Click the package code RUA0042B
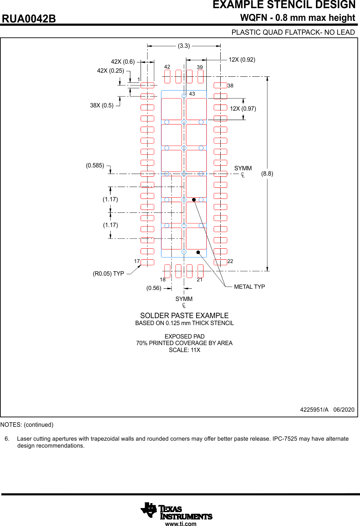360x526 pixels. point(29,19)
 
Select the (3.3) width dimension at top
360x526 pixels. point(184,46)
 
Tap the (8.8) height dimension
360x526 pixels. point(267,174)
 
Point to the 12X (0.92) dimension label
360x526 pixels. point(242,60)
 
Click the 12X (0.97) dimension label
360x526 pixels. point(243,109)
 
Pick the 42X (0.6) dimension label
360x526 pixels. point(123,62)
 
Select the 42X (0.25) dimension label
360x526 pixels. point(110,71)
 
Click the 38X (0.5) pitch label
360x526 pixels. point(102,105)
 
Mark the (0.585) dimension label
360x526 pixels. point(95,165)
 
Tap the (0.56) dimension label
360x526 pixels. point(154,288)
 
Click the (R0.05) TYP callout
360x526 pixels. point(108,274)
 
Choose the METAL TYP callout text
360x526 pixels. point(249,287)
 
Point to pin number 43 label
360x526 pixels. point(192,94)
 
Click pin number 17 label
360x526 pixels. point(137,261)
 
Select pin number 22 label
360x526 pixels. point(230,261)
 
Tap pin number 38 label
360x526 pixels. point(230,86)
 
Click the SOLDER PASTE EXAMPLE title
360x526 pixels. point(184,316)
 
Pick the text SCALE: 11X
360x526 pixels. point(184,350)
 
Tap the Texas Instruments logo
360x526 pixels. point(176,511)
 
